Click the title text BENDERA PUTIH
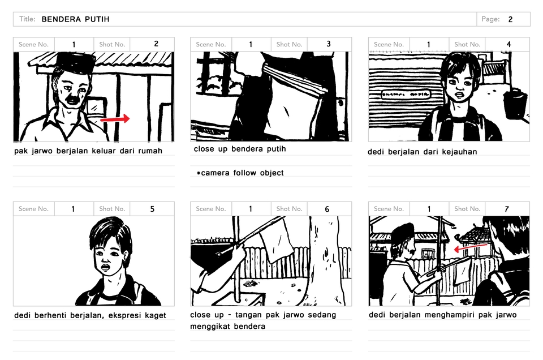(75, 19)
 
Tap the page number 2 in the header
(510, 19)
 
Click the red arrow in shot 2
(115, 119)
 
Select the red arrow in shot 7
(471, 247)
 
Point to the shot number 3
(329, 44)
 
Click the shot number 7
(507, 209)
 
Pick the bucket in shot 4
(515, 104)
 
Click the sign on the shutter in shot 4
(406, 94)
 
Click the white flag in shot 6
(277, 239)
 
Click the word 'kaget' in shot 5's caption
(156, 316)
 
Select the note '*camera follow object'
(240, 173)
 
